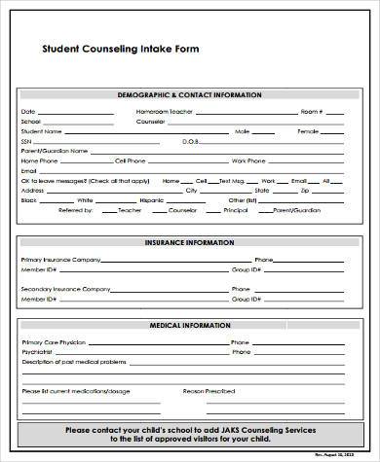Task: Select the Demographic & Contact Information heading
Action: click(x=189, y=95)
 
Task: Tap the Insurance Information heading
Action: click(x=189, y=242)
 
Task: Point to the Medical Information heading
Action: click(x=189, y=325)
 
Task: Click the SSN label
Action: click(x=26, y=141)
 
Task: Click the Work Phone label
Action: click(x=245, y=160)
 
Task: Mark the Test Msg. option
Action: click(x=232, y=180)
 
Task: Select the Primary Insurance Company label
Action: click(x=59, y=261)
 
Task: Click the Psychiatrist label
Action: click(x=38, y=353)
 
